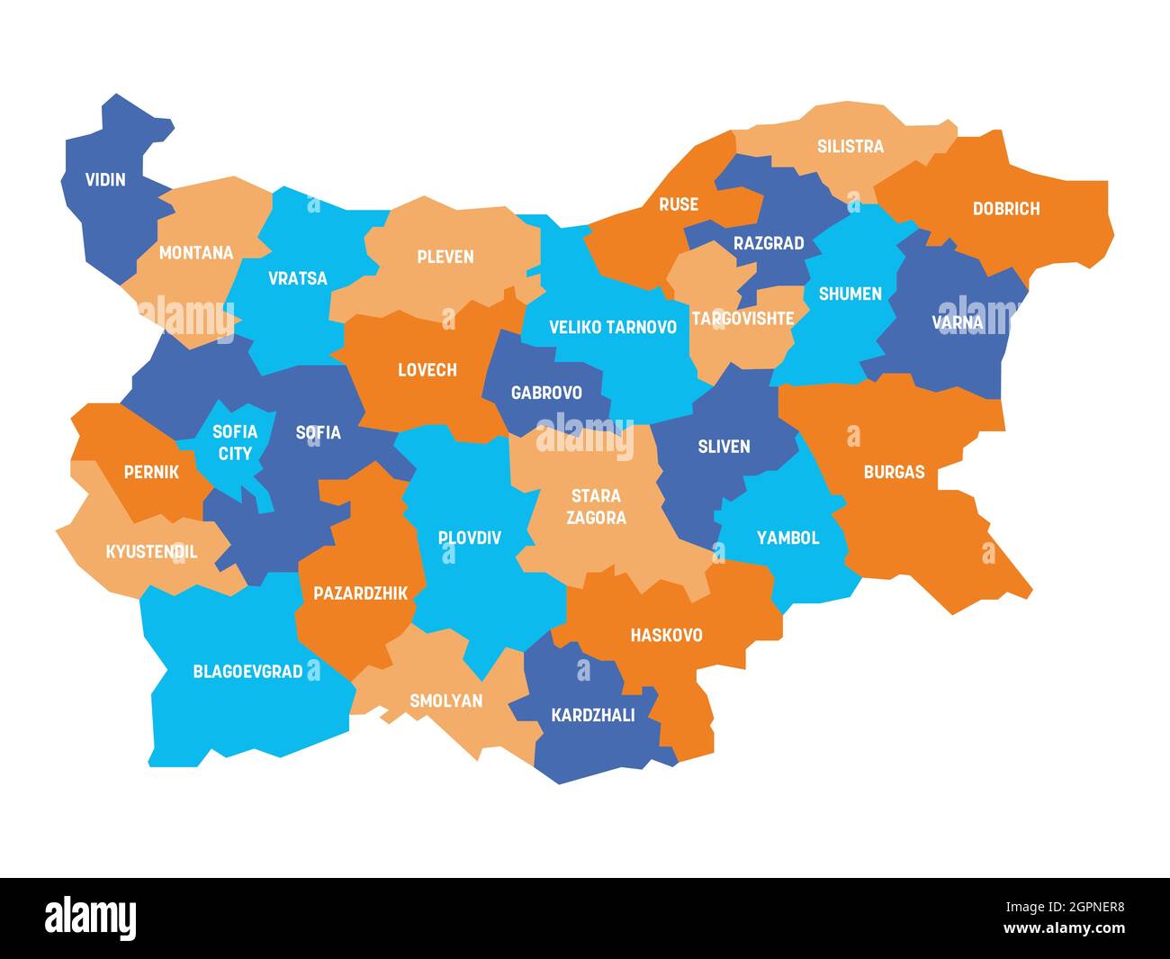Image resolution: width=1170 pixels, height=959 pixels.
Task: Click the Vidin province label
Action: [105, 179]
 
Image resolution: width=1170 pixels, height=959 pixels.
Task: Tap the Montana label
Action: [195, 253]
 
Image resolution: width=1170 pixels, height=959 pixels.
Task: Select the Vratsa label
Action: [297, 278]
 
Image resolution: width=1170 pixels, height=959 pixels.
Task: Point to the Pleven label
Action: [445, 257]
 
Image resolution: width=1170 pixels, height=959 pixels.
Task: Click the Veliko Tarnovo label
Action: [612, 327]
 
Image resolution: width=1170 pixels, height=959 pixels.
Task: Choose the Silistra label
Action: [850, 146]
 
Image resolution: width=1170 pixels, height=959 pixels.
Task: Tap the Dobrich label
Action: [1005, 209]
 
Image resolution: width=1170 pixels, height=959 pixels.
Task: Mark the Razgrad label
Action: [768, 243]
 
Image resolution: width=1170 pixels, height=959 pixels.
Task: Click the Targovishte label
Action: [742, 318]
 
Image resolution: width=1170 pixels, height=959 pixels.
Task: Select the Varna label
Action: [957, 322]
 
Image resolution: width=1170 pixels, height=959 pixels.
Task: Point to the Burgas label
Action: [893, 472]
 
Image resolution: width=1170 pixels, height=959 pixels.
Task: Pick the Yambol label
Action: [787, 538]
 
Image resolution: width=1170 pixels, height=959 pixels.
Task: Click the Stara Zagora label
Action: [596, 506]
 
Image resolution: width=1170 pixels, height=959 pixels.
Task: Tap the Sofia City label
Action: [235, 442]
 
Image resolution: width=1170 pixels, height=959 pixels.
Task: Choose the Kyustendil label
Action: [151, 552]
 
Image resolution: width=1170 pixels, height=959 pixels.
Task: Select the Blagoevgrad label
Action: [247, 672]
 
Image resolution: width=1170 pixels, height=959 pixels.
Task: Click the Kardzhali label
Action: [592, 715]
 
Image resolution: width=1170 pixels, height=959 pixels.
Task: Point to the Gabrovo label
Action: [545, 393]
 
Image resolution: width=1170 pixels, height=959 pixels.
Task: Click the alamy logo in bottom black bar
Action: [91, 917]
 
